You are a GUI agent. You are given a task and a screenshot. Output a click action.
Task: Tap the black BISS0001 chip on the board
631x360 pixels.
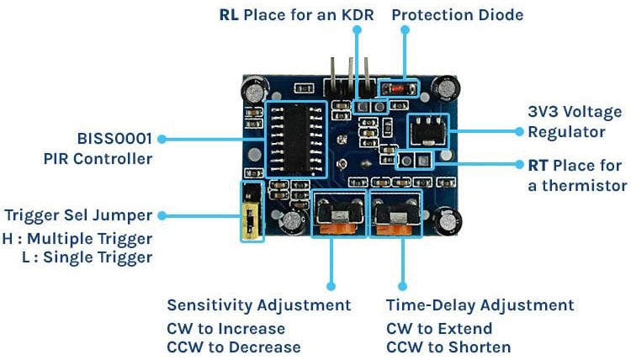coord(294,139)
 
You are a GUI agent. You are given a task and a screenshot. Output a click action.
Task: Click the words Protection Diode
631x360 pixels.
coord(457,15)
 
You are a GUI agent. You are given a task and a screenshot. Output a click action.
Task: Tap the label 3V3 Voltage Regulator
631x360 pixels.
coord(575,122)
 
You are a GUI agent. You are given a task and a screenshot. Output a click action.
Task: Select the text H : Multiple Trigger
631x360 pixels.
coord(77,238)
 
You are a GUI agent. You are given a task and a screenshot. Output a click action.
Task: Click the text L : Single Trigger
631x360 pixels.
coord(87,257)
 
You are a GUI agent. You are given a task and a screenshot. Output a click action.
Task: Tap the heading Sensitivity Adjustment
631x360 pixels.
coord(258,304)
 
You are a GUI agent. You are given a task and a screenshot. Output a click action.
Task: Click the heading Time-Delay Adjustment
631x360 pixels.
coord(480,304)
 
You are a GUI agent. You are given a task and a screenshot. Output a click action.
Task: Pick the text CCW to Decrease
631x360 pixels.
coord(233,347)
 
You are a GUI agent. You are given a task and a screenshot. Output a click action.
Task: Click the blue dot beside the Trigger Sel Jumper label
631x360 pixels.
coord(162,215)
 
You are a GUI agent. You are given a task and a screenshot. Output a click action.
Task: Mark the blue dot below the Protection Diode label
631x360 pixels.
coord(405,29)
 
